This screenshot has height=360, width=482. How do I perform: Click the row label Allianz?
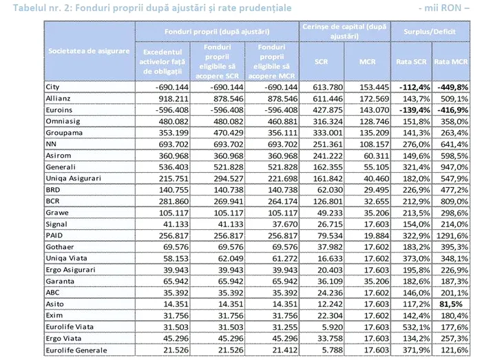pyautogui.click(x=58, y=98)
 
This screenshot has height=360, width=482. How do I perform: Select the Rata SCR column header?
pyautogui.click(x=411, y=62)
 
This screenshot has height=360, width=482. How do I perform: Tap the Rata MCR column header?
pyautogui.click(x=450, y=62)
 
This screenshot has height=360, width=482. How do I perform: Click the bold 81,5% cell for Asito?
pyautogui.click(x=451, y=304)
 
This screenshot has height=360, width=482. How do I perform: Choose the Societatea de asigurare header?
pyautogui.click(x=89, y=51)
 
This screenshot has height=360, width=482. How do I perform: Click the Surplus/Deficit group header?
pyautogui.click(x=430, y=32)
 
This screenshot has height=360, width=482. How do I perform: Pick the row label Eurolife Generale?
pyautogui.click(x=76, y=350)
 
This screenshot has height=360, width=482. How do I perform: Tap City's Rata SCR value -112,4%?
pyautogui.click(x=415, y=87)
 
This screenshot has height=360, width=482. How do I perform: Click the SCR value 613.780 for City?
pyautogui.click(x=328, y=87)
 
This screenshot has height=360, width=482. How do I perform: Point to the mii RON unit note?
pyautogui.click(x=444, y=8)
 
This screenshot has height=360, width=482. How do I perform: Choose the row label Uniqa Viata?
pyautogui.click(x=66, y=258)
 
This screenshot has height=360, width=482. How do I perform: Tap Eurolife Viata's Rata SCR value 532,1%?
pyautogui.click(x=416, y=327)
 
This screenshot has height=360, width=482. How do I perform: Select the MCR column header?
pyautogui.click(x=367, y=62)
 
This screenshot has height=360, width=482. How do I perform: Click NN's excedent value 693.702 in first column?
pyautogui.click(x=174, y=145)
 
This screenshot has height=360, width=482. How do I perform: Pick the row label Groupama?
pyautogui.click(x=64, y=133)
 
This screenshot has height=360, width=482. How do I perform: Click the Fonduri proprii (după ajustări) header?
pyautogui.click(x=217, y=32)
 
